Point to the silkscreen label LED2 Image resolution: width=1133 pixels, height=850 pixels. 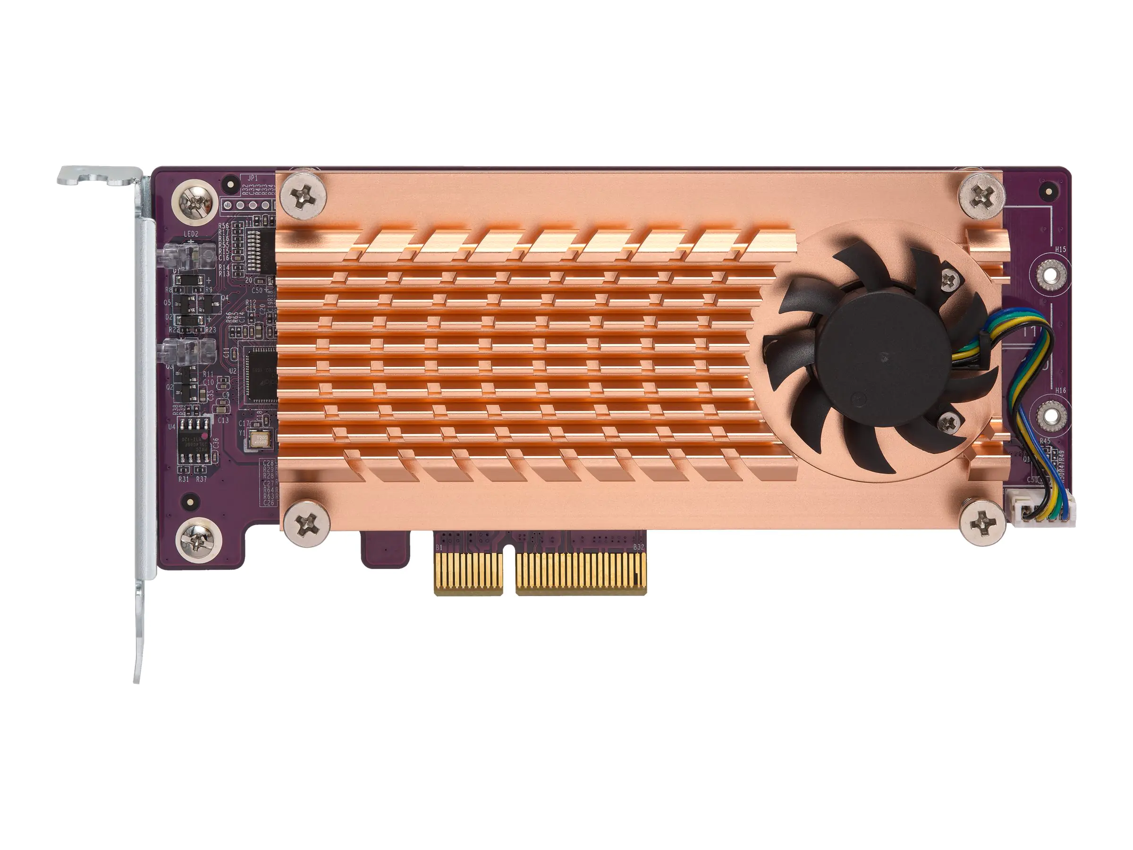coord(191,234)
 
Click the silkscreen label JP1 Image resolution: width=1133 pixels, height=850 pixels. coord(253,178)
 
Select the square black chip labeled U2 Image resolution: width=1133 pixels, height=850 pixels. coord(261,373)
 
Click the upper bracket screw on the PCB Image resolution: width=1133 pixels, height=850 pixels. coord(195,199)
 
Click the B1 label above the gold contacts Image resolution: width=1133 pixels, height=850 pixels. coord(439,548)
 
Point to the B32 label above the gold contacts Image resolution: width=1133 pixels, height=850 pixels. coord(638,548)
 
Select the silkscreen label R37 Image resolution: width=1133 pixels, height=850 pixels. coord(201,479)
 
